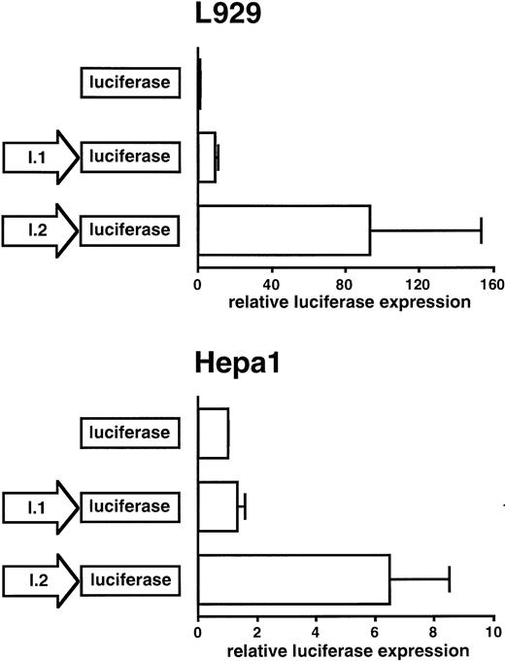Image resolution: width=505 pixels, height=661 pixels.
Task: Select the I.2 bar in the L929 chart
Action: pyautogui.click(x=284, y=230)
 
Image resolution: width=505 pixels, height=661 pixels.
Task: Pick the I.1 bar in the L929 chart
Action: pyautogui.click(x=206, y=157)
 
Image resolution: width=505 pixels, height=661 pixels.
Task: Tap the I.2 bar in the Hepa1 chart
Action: pyautogui.click(x=293, y=580)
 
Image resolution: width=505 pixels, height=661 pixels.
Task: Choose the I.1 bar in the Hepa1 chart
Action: pyautogui.click(x=218, y=505)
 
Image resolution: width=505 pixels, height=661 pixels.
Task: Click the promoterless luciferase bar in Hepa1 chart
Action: pyautogui.click(x=213, y=433)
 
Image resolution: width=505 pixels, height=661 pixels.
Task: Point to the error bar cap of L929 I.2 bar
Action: pyautogui.click(x=481, y=230)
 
